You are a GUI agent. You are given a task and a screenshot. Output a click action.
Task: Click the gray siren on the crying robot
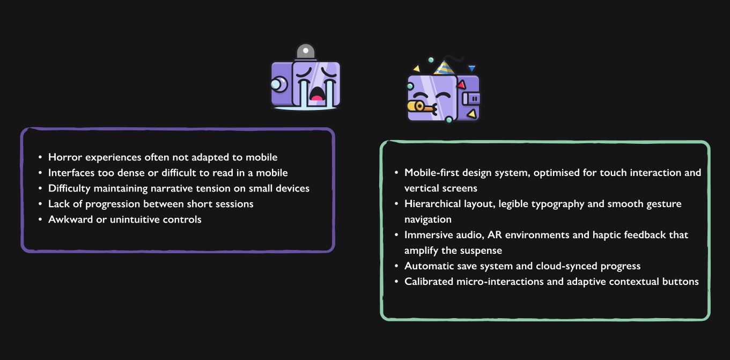(306, 52)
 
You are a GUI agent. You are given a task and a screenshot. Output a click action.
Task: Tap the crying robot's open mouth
(318, 93)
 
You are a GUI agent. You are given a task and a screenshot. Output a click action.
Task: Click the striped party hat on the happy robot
(444, 67)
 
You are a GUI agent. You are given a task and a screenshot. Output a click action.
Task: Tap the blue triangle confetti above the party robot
(471, 68)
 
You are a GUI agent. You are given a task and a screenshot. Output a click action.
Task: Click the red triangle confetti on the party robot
(461, 84)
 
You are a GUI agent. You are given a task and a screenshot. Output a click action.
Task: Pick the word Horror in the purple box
(63, 157)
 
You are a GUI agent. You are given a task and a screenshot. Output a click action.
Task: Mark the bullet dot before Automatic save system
(396, 267)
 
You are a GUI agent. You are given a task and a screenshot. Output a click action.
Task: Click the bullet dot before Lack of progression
(40, 204)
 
